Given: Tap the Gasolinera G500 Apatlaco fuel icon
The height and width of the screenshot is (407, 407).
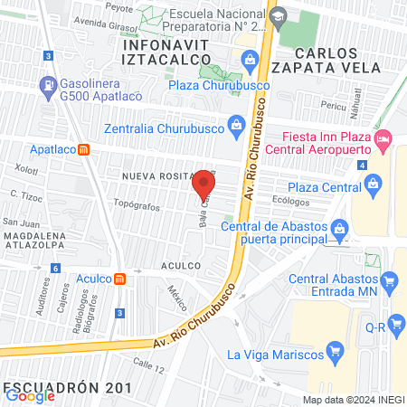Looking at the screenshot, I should [47, 87].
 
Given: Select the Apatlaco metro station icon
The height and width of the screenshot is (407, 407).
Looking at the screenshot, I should [83, 149].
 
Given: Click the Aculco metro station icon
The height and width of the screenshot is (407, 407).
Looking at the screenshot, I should [119, 279].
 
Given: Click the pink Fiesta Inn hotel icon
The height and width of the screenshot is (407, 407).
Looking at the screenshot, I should [383, 138].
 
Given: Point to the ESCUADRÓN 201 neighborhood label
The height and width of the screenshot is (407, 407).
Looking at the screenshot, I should [68, 388].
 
